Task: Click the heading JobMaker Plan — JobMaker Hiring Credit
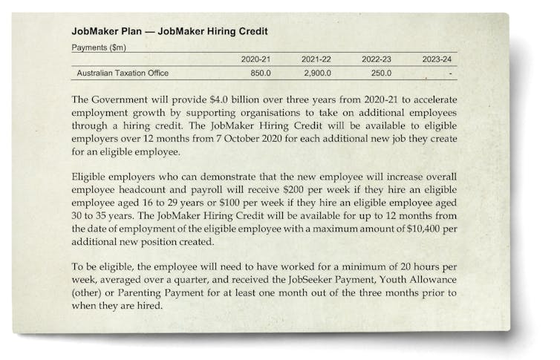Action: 169,32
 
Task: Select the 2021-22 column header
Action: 316,59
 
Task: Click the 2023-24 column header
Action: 436,59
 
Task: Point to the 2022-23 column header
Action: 376,59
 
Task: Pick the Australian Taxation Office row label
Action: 123,73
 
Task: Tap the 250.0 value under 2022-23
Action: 380,73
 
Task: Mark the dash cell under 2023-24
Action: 450,74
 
